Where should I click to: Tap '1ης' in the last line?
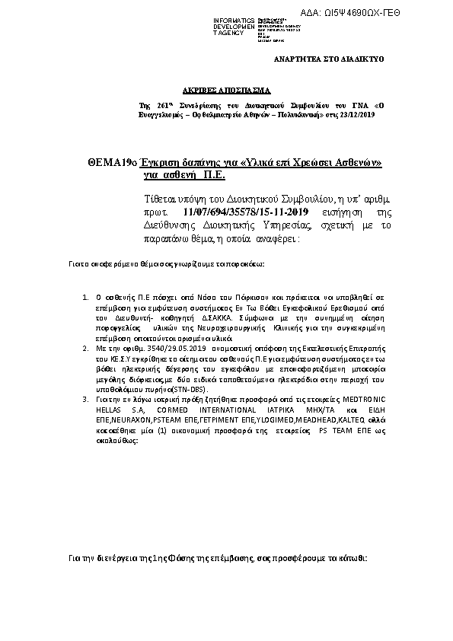[x=158, y=559]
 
